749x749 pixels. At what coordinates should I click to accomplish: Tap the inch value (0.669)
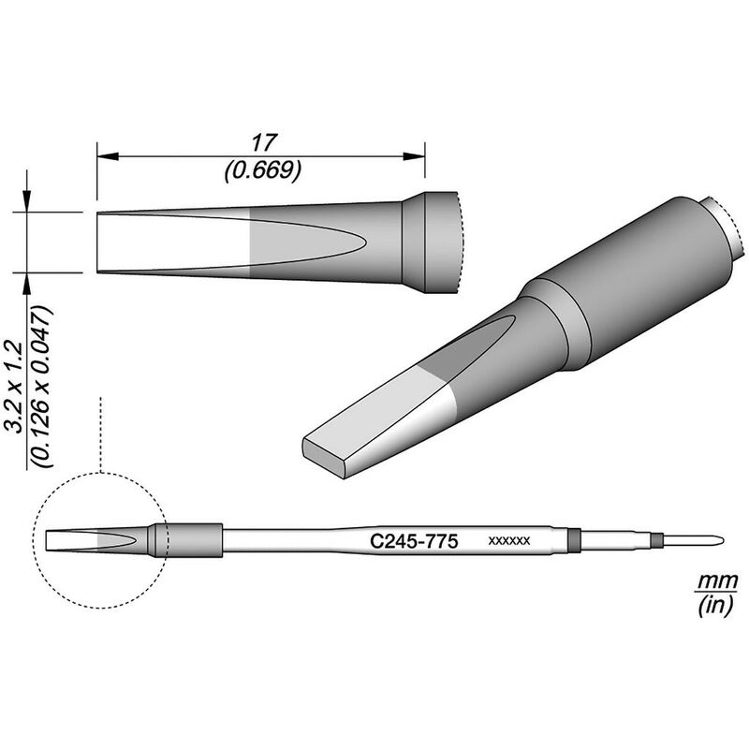pyautogui.click(x=261, y=169)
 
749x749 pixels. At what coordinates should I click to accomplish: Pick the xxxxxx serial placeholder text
pyautogui.click(x=510, y=541)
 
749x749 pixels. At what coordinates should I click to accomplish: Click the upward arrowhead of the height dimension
pyautogui.click(x=28, y=280)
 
